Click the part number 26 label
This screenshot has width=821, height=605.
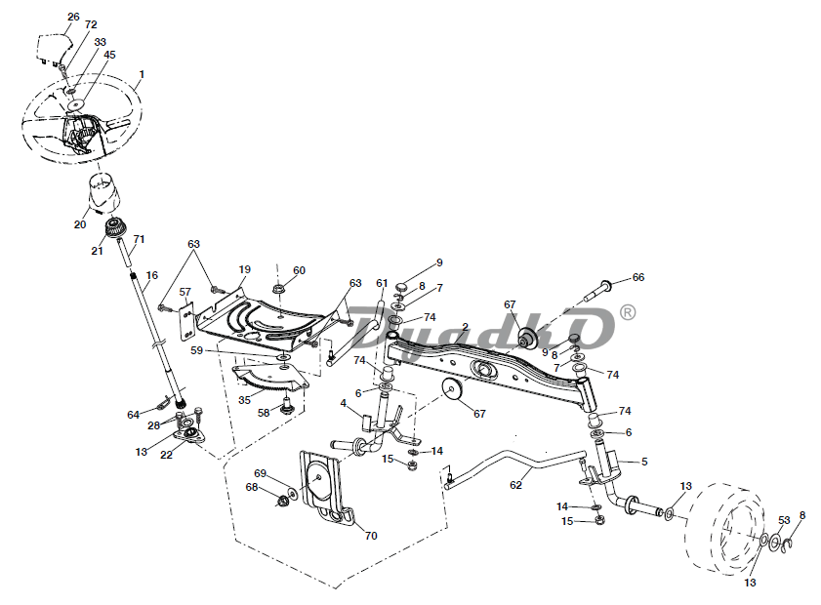point(73,17)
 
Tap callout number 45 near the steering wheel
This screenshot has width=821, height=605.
point(110,55)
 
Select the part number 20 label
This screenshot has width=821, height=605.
point(80,224)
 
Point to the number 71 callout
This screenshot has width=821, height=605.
point(139,239)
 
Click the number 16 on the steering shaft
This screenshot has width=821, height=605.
point(152,275)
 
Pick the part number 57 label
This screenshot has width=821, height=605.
point(185,292)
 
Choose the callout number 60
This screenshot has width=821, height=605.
point(299,270)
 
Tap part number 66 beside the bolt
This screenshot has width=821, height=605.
point(638,277)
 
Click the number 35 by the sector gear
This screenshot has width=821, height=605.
point(244,400)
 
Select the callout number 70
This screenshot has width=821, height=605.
point(371,536)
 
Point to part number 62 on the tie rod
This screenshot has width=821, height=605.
point(515,485)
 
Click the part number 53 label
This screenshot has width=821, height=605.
point(784,520)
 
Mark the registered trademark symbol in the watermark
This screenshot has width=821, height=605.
point(628,312)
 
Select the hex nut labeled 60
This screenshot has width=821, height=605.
point(278,289)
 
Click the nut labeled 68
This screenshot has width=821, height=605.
point(281,501)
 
